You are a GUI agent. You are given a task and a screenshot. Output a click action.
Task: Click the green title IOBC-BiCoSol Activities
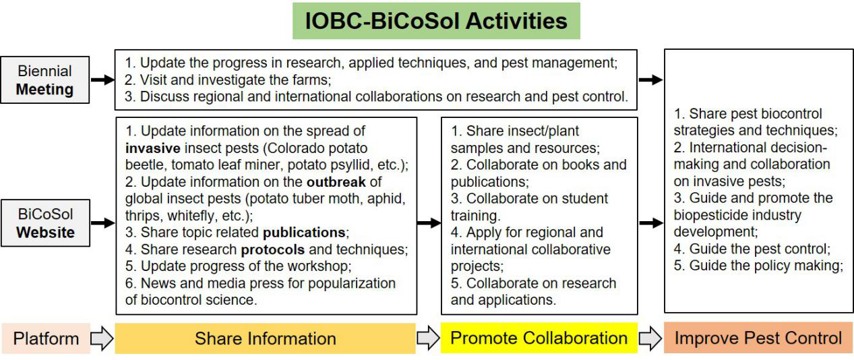click(436, 21)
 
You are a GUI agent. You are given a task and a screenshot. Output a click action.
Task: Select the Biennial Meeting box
click(45, 80)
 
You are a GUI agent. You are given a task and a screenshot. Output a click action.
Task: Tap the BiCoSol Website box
click(45, 223)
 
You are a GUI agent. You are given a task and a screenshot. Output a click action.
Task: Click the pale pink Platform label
click(46, 338)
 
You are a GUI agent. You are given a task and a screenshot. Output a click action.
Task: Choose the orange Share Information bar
click(266, 338)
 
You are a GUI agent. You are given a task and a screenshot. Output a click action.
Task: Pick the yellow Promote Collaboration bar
click(539, 338)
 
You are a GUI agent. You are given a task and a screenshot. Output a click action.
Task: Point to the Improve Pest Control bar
click(758, 338)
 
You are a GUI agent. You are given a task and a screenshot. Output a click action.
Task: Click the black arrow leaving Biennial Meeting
click(102, 80)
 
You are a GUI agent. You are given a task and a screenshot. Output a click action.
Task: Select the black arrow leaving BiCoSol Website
click(103, 222)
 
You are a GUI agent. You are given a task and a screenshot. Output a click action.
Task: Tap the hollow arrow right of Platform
click(102, 338)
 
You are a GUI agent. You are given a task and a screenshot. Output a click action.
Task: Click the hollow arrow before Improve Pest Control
click(650, 338)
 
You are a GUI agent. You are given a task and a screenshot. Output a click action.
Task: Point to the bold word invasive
click(152, 148)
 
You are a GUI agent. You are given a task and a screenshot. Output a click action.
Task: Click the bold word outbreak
click(336, 182)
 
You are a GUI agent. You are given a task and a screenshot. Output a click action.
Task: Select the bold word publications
click(304, 233)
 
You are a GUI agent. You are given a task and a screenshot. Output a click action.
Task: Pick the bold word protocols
click(273, 249)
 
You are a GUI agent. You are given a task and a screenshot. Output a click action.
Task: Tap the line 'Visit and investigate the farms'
click(228, 80)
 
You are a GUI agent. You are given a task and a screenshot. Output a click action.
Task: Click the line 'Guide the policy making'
click(758, 266)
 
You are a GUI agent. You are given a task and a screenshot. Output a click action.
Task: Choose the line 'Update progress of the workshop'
click(239, 266)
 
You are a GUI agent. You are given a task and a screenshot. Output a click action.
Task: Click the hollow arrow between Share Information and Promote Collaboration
click(428, 338)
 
